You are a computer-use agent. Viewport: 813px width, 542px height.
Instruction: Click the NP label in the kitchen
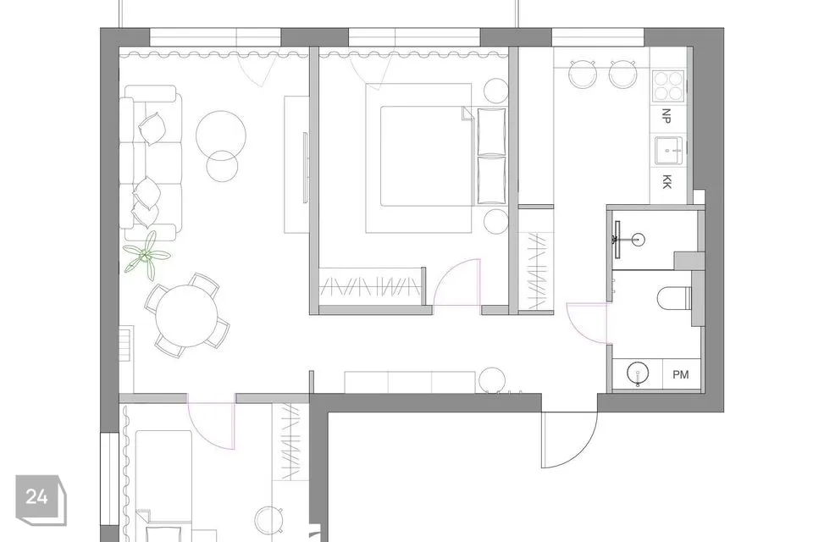(666, 116)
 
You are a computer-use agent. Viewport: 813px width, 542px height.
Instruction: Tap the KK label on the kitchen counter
(666, 181)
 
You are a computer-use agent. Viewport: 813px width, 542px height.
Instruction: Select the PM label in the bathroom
(681, 374)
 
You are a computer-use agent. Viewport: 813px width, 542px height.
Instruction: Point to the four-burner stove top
(668, 86)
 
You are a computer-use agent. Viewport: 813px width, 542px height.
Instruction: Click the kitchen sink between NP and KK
(670, 151)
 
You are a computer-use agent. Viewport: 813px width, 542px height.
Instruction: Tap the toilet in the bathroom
(675, 298)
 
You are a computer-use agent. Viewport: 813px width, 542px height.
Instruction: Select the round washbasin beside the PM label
(638, 373)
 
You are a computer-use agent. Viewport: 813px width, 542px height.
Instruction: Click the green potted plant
(146, 256)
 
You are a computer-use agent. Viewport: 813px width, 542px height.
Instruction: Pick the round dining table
(186, 315)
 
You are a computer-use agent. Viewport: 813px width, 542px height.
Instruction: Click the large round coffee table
(221, 135)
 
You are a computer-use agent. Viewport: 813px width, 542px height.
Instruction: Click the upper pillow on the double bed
(491, 131)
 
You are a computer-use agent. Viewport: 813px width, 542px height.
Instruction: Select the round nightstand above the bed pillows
(496, 91)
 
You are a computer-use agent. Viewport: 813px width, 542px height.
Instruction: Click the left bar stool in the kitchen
(583, 75)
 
